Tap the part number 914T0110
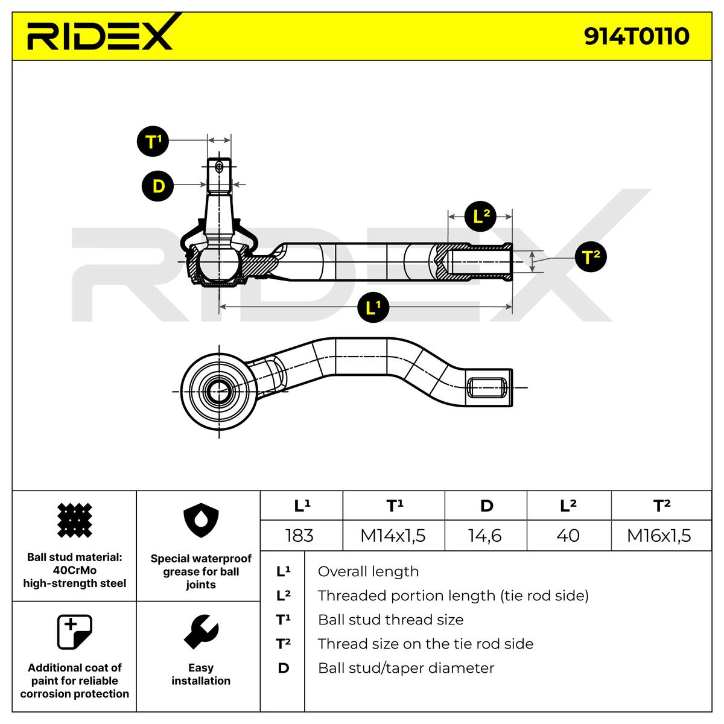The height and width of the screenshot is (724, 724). click(636, 36)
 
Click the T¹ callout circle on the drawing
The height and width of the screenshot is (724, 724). click(154, 142)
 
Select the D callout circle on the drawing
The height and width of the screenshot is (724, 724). click(158, 186)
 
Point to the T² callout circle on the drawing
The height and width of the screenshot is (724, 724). click(590, 257)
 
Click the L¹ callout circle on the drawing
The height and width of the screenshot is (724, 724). click(373, 308)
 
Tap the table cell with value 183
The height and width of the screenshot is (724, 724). click(299, 535)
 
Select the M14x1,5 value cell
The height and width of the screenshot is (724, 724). click(393, 535)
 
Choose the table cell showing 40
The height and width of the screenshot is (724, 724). click(568, 535)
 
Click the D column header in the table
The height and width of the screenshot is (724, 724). click(486, 506)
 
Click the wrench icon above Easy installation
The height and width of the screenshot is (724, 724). click(200, 632)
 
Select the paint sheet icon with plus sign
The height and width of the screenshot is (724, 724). click(74, 632)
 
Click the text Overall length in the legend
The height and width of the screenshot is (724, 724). click(368, 571)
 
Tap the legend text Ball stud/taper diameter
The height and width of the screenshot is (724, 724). click(405, 668)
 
